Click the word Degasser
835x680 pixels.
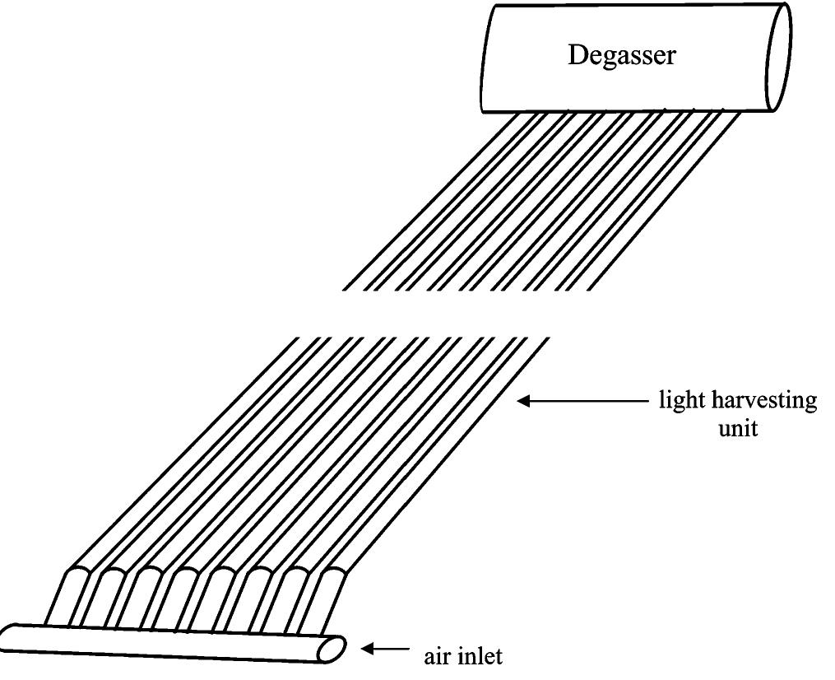tap(622, 56)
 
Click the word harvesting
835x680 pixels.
tap(764, 403)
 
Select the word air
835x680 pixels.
tap(441, 659)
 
